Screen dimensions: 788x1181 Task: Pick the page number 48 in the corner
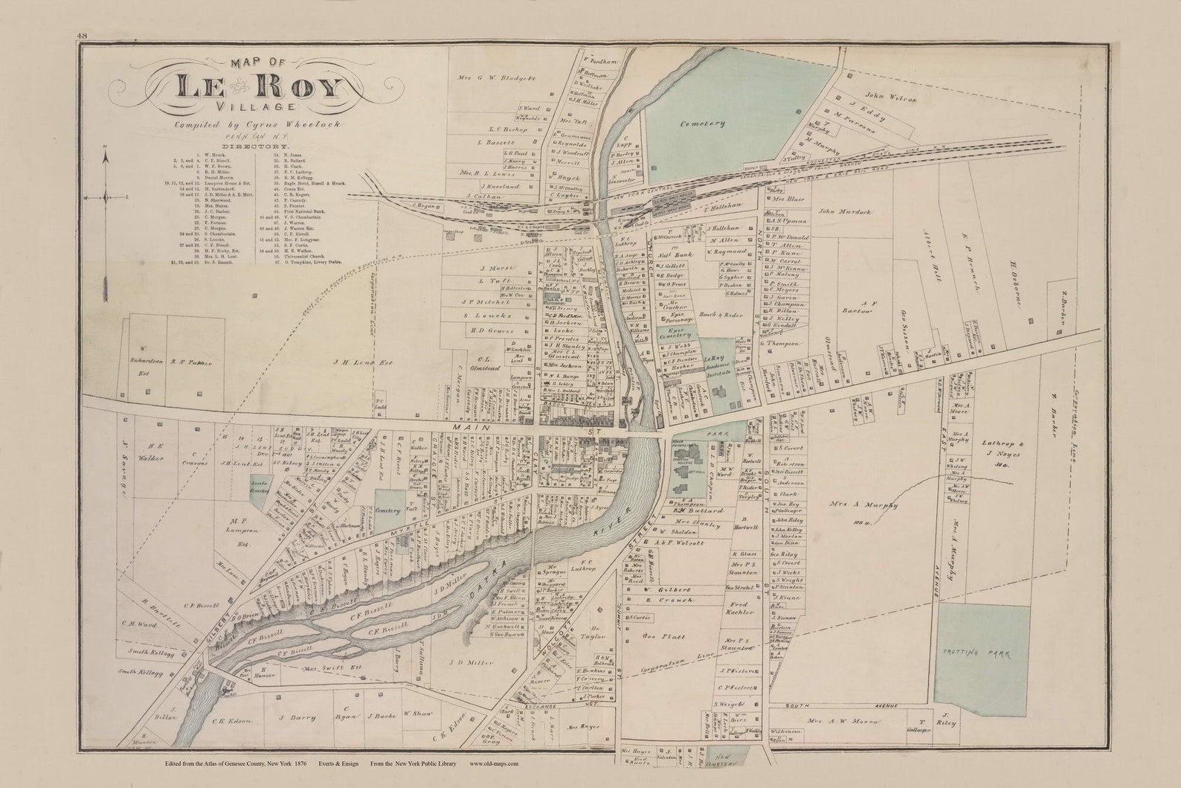click(x=81, y=36)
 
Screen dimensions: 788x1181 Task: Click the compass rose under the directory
click(x=106, y=196)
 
